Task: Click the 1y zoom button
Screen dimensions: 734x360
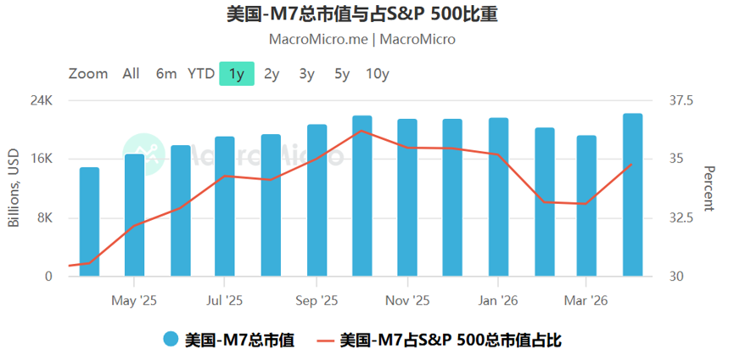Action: (237, 74)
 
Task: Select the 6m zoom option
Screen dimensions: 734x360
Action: (166, 74)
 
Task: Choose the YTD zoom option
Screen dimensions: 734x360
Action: (201, 74)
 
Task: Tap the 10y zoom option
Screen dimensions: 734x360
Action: (378, 74)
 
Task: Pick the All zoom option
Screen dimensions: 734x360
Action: (131, 74)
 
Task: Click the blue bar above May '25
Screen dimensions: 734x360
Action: (134, 215)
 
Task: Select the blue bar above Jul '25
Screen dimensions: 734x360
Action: (225, 206)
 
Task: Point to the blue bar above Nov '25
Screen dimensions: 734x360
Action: (407, 198)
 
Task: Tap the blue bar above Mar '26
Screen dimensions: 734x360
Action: (586, 206)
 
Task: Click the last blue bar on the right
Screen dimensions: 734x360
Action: (633, 194)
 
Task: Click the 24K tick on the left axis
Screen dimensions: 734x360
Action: (42, 101)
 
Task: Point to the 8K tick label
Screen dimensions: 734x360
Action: (46, 218)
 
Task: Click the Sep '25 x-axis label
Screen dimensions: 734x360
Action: (317, 301)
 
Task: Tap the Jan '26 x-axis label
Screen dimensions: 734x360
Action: (497, 301)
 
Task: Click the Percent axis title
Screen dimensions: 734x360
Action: (709, 188)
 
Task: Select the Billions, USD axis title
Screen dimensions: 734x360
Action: (14, 188)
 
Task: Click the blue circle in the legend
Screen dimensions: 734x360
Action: (171, 340)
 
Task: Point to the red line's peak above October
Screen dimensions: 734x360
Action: (361, 131)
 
